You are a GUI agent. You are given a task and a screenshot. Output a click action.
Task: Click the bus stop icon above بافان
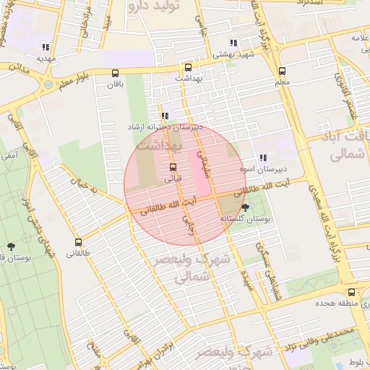click(x=116, y=72)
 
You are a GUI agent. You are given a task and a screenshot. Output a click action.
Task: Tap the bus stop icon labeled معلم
click(x=282, y=71)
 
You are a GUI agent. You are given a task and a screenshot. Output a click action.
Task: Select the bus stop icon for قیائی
click(x=172, y=167)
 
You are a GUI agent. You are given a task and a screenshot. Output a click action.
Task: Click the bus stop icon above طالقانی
click(x=78, y=242)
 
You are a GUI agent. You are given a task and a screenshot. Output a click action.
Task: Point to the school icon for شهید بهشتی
click(x=233, y=43)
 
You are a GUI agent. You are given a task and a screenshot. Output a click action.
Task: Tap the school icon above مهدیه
click(x=46, y=46)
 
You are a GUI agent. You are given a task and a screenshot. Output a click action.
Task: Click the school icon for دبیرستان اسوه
click(x=263, y=157)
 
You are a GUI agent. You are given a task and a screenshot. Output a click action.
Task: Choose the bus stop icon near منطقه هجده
click(x=351, y=292)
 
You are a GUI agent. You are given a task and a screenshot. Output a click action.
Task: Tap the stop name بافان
click(x=116, y=85)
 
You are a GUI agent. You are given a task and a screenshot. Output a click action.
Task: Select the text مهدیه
click(x=46, y=57)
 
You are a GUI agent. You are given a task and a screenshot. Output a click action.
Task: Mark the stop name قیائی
click(x=173, y=178)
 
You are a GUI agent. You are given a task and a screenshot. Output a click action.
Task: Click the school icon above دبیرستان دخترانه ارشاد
click(x=165, y=115)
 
